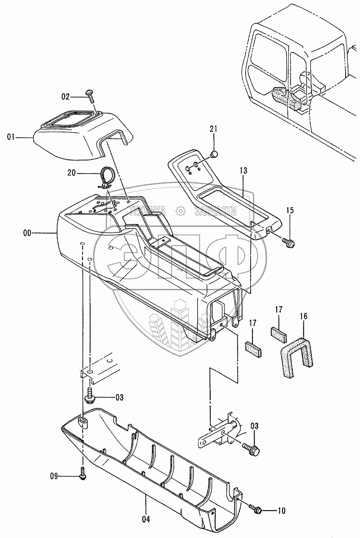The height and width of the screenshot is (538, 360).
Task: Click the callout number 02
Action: pos(65,95)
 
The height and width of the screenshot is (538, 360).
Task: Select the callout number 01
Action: pos(11,137)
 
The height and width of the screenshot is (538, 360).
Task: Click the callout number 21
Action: pos(213,130)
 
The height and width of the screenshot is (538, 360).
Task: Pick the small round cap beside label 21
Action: pos(214,155)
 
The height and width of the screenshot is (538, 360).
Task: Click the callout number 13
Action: pos(243,171)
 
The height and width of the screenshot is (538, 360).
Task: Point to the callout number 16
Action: pos(304,317)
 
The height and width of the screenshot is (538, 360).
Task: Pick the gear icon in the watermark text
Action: pos(180,210)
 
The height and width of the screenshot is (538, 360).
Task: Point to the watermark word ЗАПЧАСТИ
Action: pos(215,210)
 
